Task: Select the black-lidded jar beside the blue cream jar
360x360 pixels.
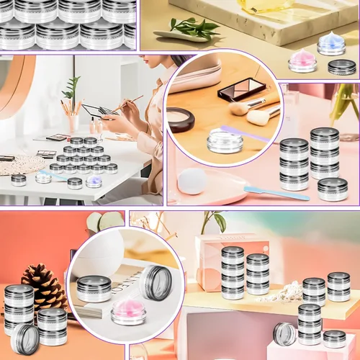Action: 341,68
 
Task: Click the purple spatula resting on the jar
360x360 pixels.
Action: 246,133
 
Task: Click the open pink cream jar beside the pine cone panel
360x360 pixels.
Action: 129,312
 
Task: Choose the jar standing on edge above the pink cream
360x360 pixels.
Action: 156,282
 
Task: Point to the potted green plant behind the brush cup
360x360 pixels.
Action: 71,88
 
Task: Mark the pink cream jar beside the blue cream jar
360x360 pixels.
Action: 302,62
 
